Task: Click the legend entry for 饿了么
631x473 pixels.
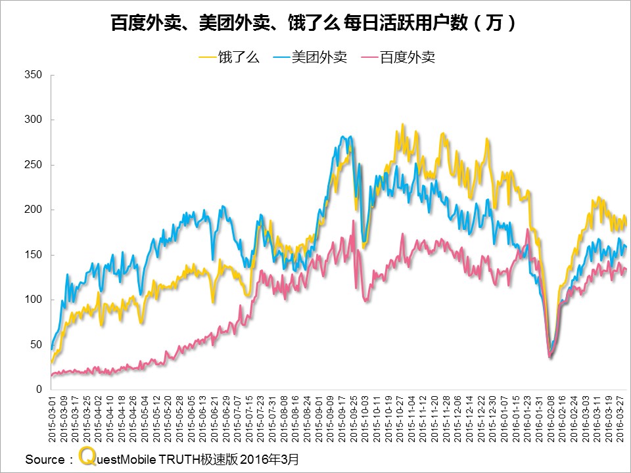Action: [x=229, y=57]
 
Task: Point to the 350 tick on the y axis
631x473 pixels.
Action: [x=33, y=75]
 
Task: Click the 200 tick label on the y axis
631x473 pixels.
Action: [x=33, y=210]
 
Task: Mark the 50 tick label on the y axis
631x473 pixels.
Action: [x=35, y=344]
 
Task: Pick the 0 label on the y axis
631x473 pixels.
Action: [x=39, y=390]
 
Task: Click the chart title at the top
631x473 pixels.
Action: [x=314, y=24]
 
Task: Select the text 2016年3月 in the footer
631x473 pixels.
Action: [x=270, y=459]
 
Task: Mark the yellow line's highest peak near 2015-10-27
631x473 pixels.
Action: [x=403, y=124]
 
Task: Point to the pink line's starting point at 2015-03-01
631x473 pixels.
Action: [x=52, y=376]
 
